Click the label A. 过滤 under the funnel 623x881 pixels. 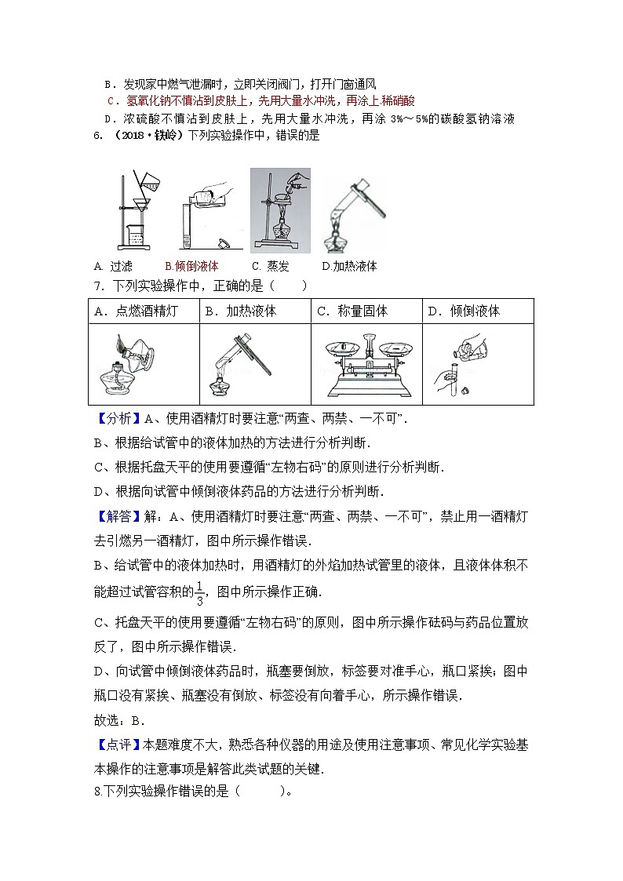coord(113,266)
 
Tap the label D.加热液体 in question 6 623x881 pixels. coord(349,266)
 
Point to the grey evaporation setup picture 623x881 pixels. coord(280,209)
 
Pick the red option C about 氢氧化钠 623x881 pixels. coord(260,100)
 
